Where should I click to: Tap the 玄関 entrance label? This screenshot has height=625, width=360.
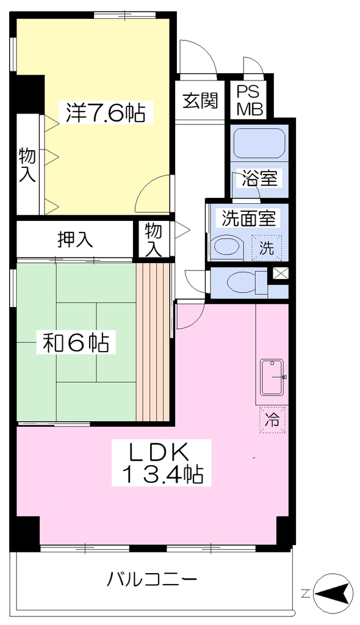201,101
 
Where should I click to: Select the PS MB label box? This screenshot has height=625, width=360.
250,101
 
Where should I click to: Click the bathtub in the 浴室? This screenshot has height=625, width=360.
259,143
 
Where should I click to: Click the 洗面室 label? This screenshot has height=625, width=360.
248,218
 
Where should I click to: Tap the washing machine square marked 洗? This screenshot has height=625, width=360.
267,248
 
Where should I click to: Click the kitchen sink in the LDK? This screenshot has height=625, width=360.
273,377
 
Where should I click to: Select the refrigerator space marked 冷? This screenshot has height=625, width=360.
272,420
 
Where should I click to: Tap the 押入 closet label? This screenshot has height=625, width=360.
76,239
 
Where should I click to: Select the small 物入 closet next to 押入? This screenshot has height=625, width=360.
153,239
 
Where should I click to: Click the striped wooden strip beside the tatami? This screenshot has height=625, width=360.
154,342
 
